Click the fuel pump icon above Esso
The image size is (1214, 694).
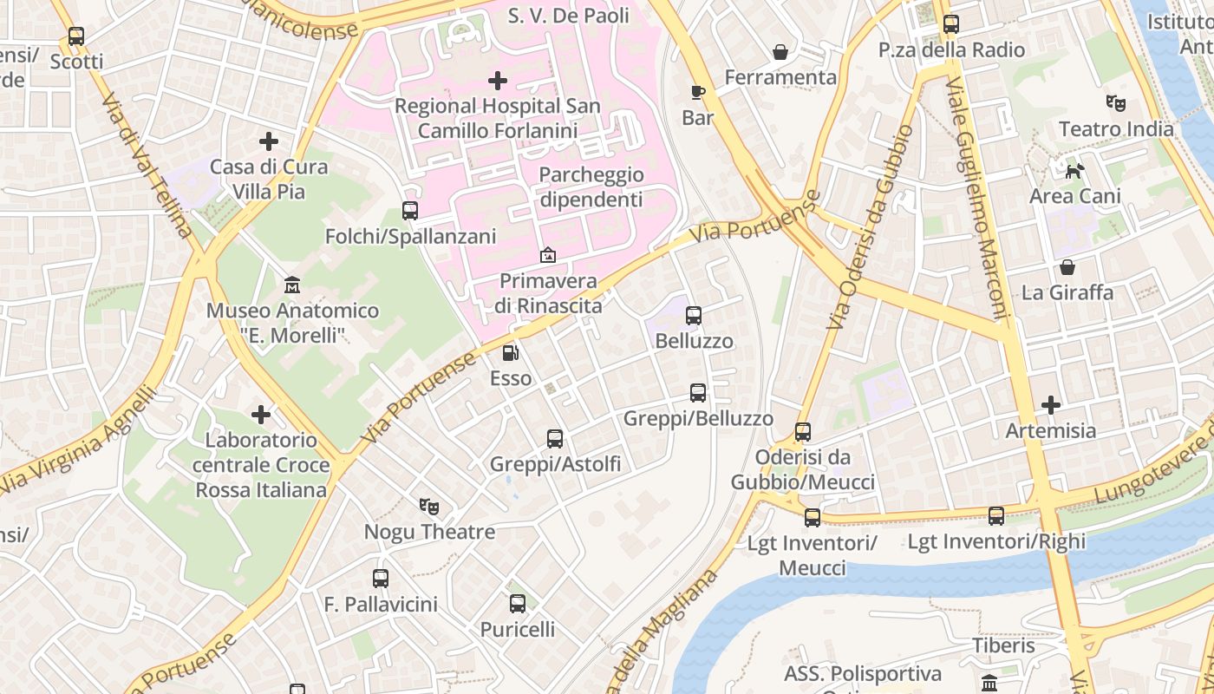[x=511, y=353]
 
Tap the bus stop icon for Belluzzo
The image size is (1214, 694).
[x=694, y=316]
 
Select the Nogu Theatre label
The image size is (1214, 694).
[x=429, y=532]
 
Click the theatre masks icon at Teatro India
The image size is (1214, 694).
[x=1116, y=103]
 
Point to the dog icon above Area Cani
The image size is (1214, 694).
[x=1074, y=171]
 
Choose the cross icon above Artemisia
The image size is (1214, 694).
[x=1051, y=404]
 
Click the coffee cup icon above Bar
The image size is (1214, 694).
[x=698, y=92]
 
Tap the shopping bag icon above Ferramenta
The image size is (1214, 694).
[x=780, y=52]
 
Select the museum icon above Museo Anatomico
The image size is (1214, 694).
[x=292, y=285]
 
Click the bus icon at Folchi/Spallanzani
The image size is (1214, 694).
[x=410, y=211]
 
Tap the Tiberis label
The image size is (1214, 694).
[x=1003, y=645]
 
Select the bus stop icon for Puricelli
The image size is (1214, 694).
[x=518, y=604]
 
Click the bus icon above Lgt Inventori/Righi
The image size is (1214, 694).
[x=996, y=516]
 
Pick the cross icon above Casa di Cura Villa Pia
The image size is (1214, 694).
[x=269, y=141]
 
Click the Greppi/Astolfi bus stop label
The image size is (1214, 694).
[x=555, y=464]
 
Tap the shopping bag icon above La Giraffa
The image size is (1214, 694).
[x=1067, y=267]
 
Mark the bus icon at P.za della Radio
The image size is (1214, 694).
[x=951, y=24]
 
